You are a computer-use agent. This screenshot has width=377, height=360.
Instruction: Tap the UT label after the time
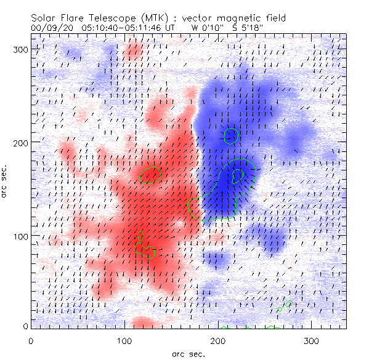click(171, 28)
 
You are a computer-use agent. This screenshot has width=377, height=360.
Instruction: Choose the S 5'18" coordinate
click(249, 28)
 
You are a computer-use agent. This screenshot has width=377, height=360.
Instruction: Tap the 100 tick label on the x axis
click(124, 340)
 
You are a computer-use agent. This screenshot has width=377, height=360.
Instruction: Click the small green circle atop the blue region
click(230, 135)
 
